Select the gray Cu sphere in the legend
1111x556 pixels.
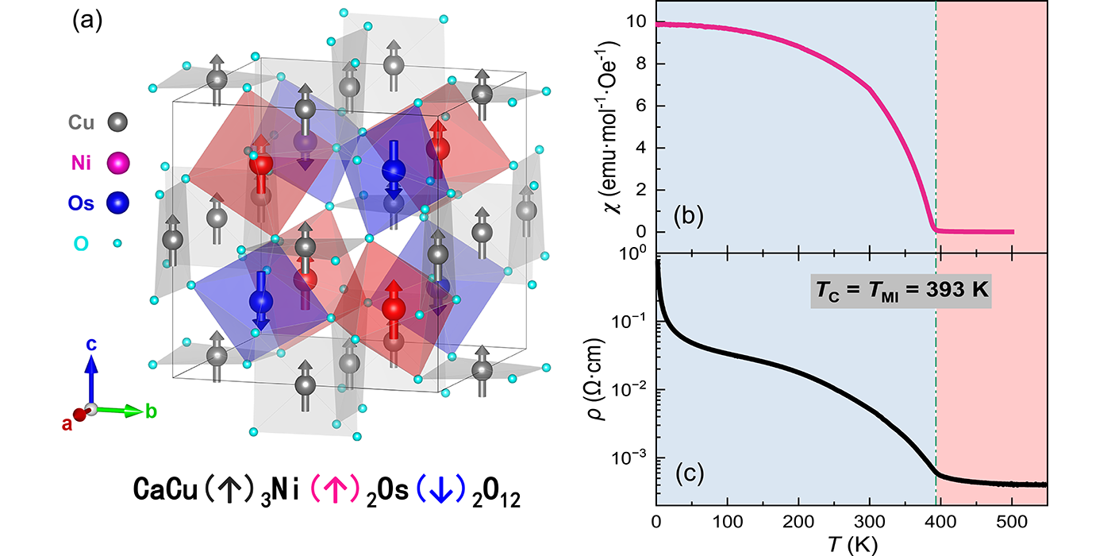(x=117, y=123)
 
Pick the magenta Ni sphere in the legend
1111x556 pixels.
(x=117, y=164)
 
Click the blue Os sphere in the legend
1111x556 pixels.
(x=117, y=203)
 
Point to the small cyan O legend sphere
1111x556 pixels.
(x=117, y=243)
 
